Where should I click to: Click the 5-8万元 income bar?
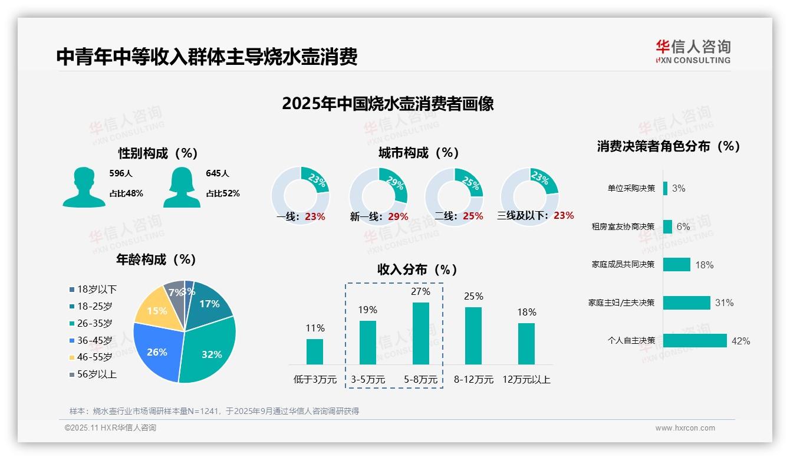click(421, 333)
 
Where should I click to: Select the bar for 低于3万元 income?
click(315, 351)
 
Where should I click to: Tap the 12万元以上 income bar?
click(526, 343)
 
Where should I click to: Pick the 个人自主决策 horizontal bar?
click(695, 340)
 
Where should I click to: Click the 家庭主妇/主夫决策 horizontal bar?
click(687, 303)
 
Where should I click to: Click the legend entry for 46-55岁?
click(94, 357)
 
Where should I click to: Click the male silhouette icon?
click(84, 188)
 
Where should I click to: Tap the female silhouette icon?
click(182, 188)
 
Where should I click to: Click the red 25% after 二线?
click(473, 216)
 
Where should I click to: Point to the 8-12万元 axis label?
click(473, 380)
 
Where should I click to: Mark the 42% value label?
click(740, 341)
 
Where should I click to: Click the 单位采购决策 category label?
click(631, 188)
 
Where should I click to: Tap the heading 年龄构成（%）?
click(156, 259)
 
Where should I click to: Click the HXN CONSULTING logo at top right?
click(693, 52)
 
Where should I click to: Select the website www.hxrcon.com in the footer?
click(685, 428)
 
